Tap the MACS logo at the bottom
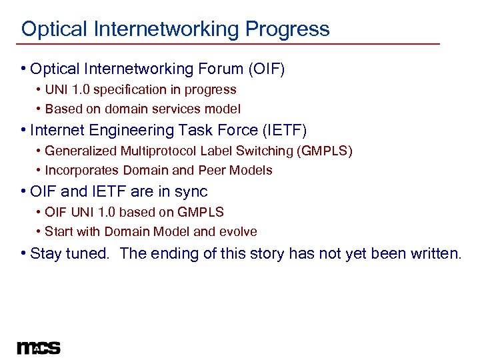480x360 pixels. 39,348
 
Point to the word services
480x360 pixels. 176,109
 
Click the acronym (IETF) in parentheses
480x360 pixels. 283,130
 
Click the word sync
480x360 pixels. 191,192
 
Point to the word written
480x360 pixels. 437,253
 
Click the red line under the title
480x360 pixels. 230,45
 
